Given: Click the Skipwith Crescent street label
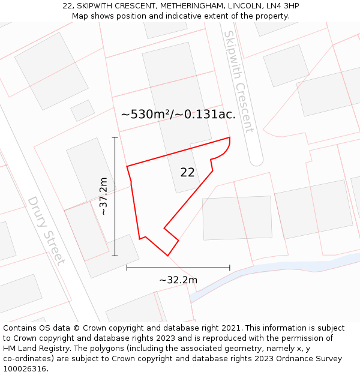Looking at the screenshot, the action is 238,82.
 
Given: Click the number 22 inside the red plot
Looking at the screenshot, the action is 187,172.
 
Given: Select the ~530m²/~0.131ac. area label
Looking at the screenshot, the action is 178,114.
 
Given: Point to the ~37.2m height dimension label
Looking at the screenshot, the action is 103,196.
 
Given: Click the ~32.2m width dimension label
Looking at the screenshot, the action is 178,280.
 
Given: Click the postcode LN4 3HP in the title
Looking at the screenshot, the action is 282,6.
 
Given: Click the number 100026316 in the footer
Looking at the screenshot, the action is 25,369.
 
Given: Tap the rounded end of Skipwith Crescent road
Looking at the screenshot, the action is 256,160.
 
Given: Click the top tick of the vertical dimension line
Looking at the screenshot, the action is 115,137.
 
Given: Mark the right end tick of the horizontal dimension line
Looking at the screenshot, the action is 230,268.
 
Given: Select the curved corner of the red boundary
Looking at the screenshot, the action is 226,150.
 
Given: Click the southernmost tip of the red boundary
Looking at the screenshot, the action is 168,256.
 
